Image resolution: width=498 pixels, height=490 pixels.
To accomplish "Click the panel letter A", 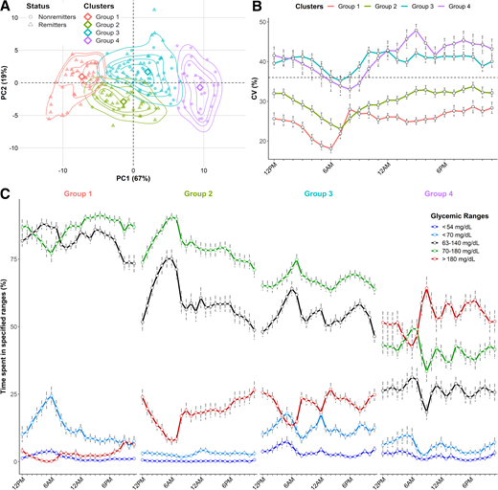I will [6, 7].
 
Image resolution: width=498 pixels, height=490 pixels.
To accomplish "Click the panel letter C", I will [6, 191].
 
